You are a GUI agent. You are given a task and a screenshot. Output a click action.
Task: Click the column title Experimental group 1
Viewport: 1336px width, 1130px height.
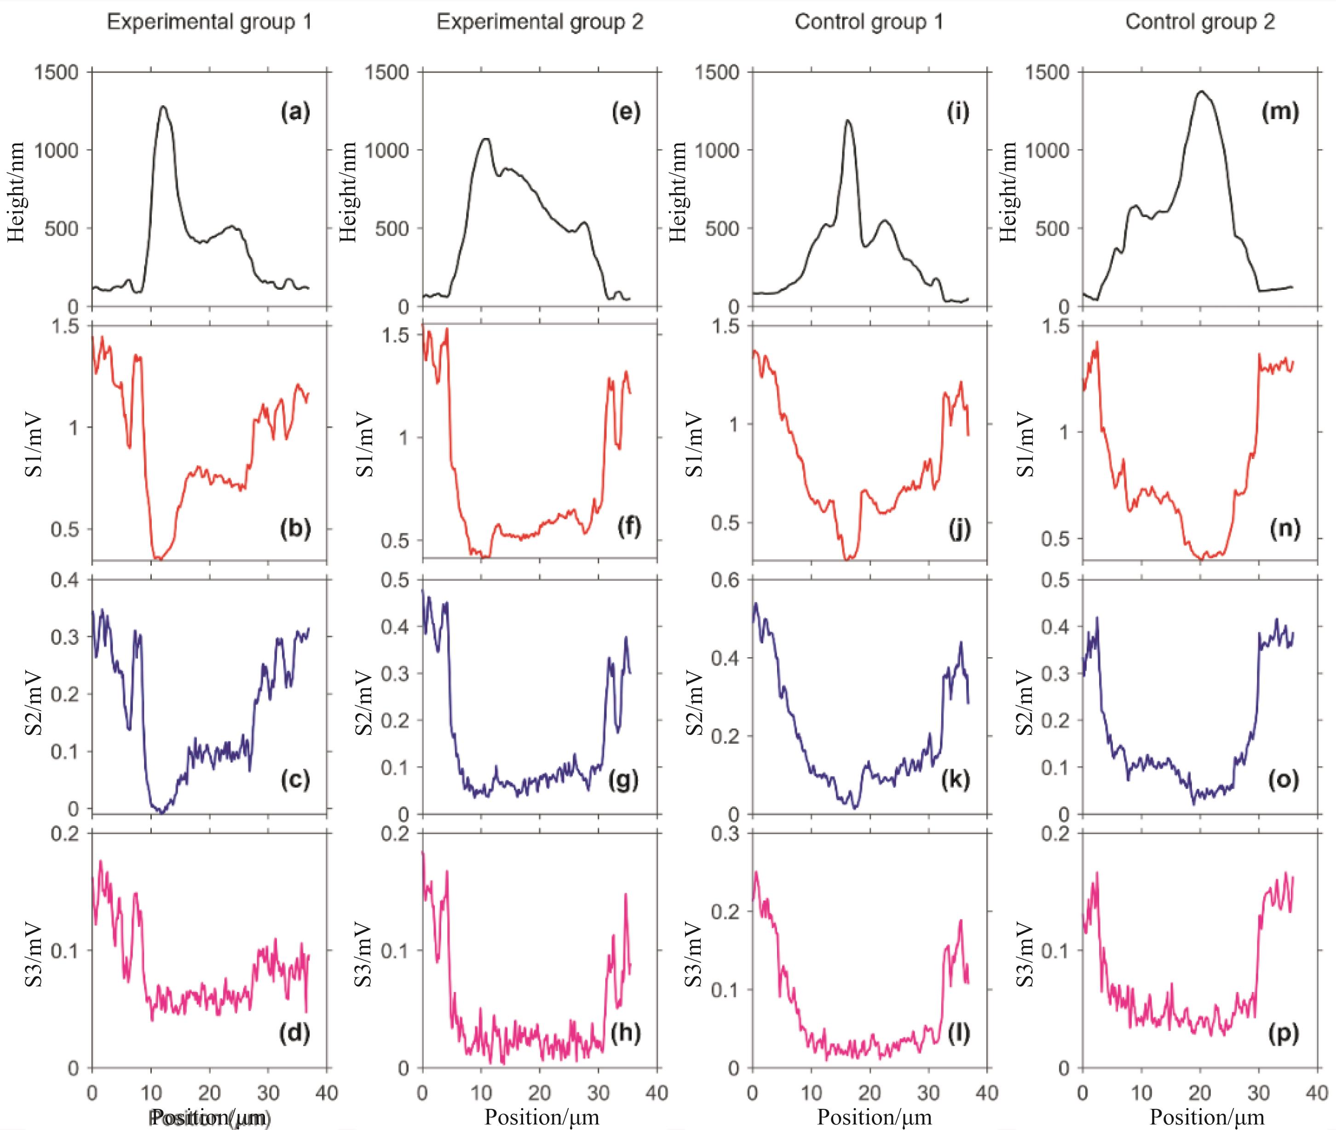(209, 23)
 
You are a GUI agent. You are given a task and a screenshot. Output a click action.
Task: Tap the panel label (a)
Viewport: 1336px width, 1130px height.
(295, 113)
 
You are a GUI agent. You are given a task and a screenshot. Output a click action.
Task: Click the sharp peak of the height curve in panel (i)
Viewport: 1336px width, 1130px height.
(849, 120)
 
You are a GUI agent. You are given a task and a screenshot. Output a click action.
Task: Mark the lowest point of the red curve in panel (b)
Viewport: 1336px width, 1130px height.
(158, 559)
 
